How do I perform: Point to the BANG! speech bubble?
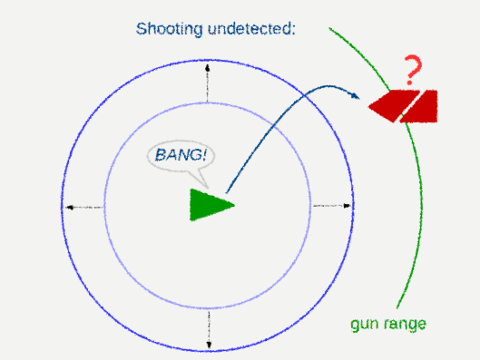tap(184, 156)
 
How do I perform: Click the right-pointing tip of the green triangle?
tap(233, 205)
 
